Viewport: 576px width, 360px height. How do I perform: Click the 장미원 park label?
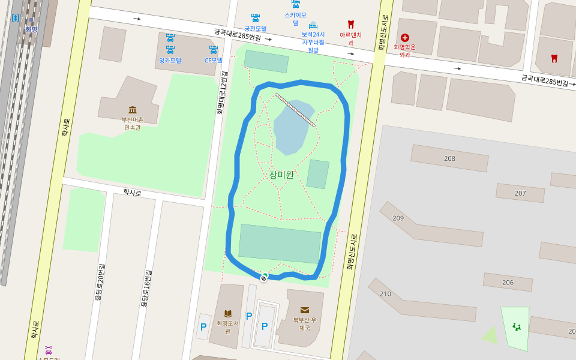pyautogui.click(x=281, y=175)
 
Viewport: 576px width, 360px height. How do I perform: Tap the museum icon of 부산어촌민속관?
pyautogui.click(x=133, y=110)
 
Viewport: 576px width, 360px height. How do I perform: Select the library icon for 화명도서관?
pyautogui.click(x=228, y=313)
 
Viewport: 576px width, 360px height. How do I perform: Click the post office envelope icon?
pyautogui.click(x=305, y=310)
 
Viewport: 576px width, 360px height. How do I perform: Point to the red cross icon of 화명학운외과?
pyautogui.click(x=404, y=38)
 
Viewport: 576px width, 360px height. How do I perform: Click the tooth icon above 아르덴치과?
pyautogui.click(x=351, y=25)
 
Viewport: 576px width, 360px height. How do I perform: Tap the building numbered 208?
pyautogui.click(x=449, y=158)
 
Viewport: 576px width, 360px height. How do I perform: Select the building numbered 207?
pyautogui.click(x=520, y=193)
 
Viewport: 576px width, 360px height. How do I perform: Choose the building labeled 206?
pyautogui.click(x=508, y=282)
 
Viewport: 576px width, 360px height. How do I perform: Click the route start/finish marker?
pyautogui.click(x=264, y=277)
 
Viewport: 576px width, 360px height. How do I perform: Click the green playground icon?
pyautogui.click(x=516, y=326)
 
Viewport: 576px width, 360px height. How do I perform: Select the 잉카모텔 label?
pyautogui.click(x=170, y=60)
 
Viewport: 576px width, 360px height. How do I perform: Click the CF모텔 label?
pyautogui.click(x=213, y=60)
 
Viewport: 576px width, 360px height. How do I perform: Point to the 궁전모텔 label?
pyautogui.click(x=255, y=28)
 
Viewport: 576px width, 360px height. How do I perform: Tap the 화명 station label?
pyautogui.click(x=31, y=29)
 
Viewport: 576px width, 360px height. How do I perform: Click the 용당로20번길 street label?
pyautogui.click(x=100, y=282)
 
